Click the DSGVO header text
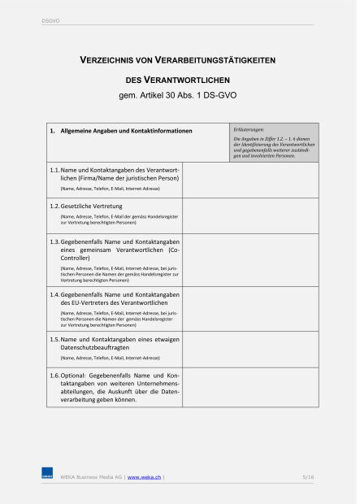(x=50, y=20)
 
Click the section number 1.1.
(x=54, y=170)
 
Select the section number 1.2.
(x=54, y=206)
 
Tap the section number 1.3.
(x=54, y=242)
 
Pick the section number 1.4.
(x=54, y=294)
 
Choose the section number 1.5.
(x=54, y=339)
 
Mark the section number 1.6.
(x=54, y=376)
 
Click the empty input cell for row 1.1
(x=250, y=180)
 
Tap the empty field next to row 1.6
(x=250, y=387)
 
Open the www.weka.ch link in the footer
(x=144, y=476)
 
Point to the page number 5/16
(x=308, y=476)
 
